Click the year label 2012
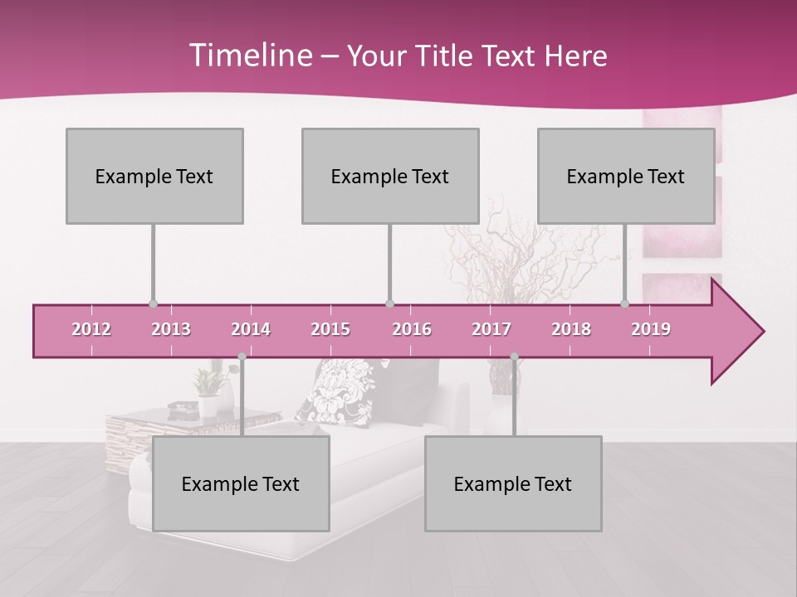pyautogui.click(x=91, y=329)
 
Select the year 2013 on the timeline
pyautogui.click(x=171, y=329)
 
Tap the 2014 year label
pyautogui.click(x=251, y=329)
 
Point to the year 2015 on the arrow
pyautogui.click(x=330, y=329)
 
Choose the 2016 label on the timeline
pyautogui.click(x=412, y=329)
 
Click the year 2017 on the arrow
pyautogui.click(x=491, y=329)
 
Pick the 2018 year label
pyautogui.click(x=571, y=329)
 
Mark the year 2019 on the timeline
pyautogui.click(x=651, y=329)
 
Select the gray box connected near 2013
pyautogui.click(x=154, y=176)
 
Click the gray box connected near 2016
pyautogui.click(x=390, y=176)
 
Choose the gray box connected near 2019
pyautogui.click(x=626, y=176)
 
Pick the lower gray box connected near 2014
pyautogui.click(x=241, y=483)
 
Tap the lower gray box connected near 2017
pyautogui.click(x=513, y=483)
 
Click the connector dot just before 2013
pyautogui.click(x=153, y=303)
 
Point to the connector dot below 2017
pyautogui.click(x=514, y=357)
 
